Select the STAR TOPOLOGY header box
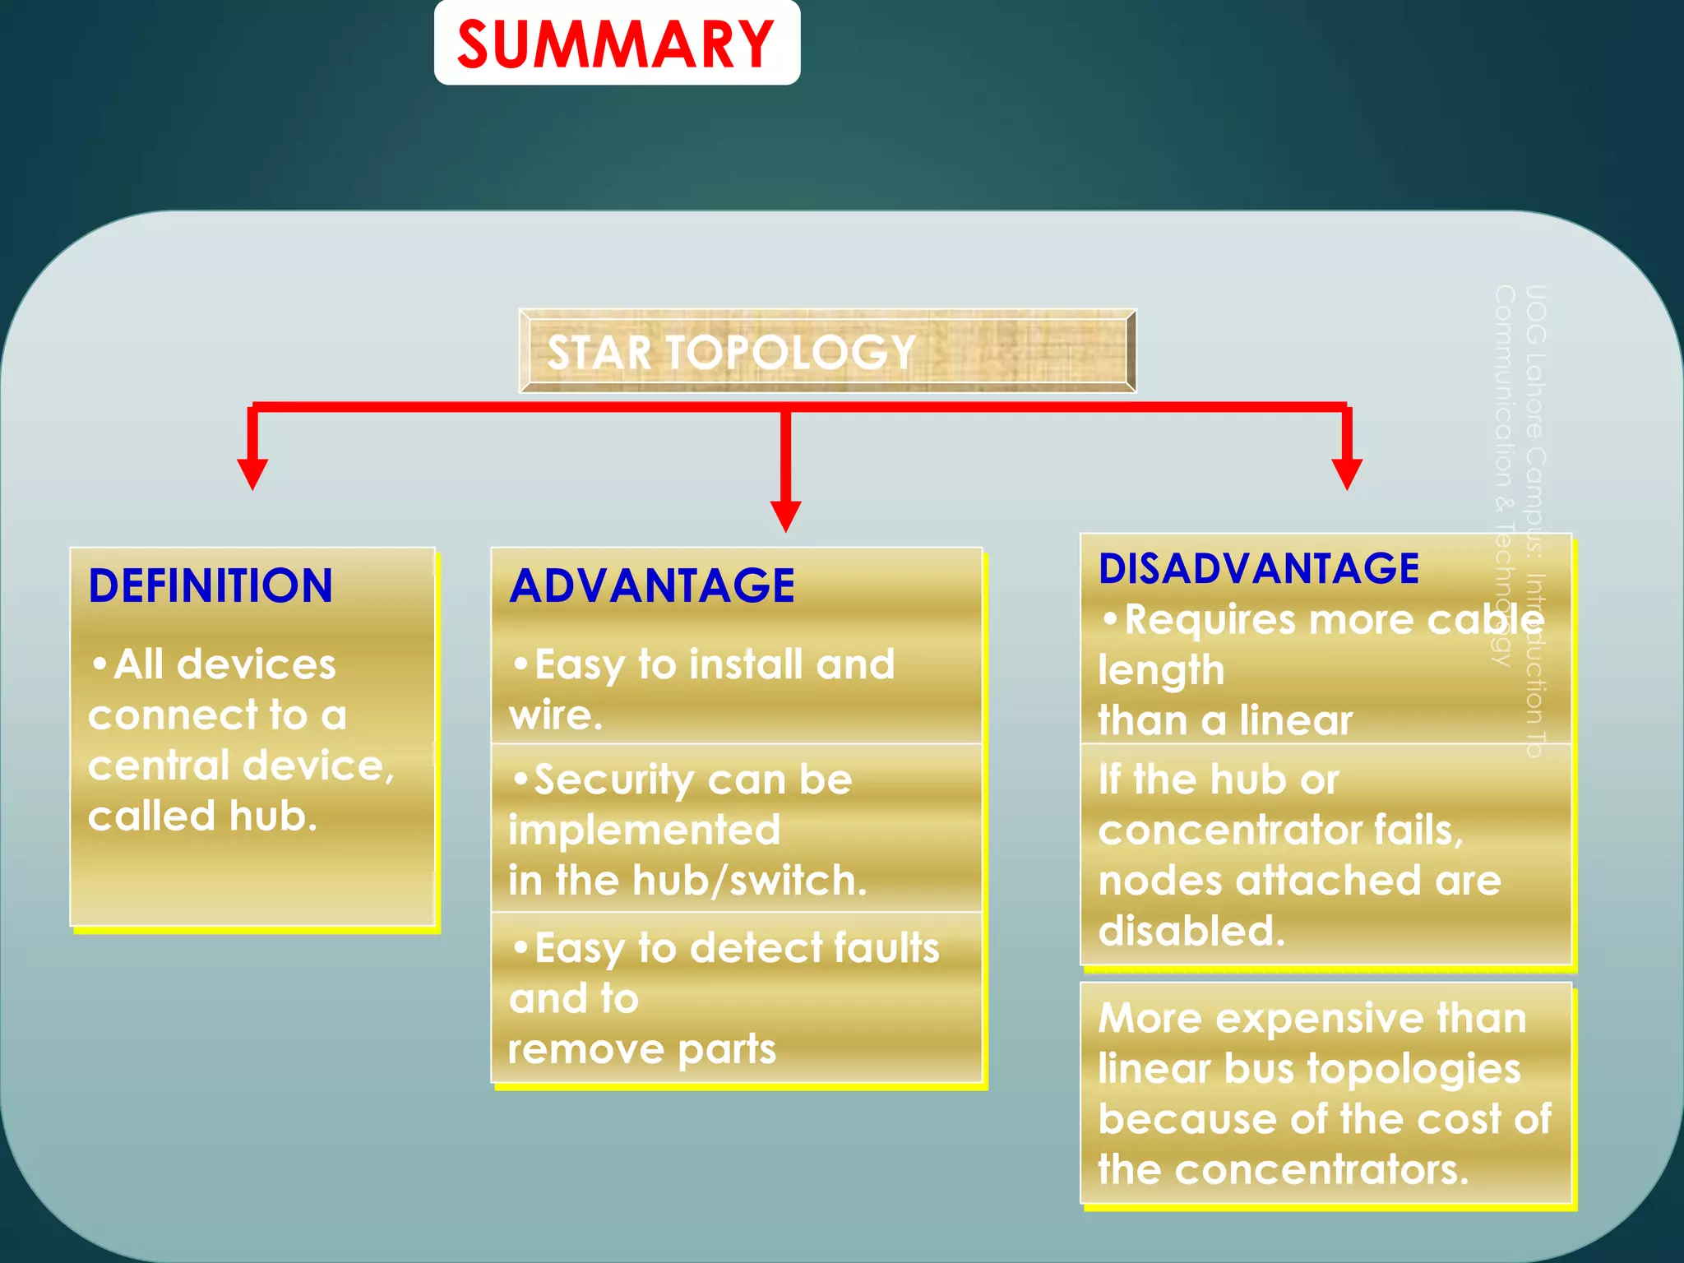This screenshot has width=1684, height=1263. point(827,351)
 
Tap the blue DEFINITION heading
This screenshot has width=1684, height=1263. point(210,586)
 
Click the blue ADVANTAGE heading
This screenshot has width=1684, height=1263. point(652,586)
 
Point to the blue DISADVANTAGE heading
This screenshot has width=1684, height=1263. point(1258,568)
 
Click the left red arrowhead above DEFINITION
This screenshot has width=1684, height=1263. point(252,474)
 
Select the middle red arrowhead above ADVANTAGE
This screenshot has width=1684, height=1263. point(785,516)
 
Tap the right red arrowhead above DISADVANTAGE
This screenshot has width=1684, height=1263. point(1347,474)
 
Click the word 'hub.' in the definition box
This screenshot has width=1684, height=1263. point(273,817)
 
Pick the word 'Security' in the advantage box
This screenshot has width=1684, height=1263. point(613,780)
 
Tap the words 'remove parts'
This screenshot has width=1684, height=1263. point(642,1049)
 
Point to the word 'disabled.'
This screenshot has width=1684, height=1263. point(1191,932)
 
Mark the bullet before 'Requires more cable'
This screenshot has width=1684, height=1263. point(1110,618)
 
